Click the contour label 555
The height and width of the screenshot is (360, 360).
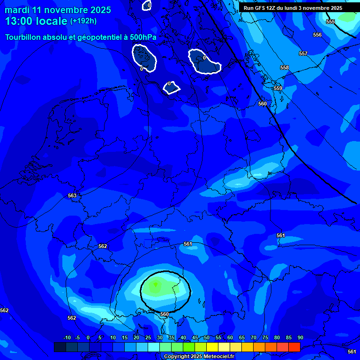[x=330, y=22]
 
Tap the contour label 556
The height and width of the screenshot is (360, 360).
[x=317, y=35]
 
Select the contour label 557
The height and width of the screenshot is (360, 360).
[x=303, y=53]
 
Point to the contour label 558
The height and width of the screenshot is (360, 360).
[x=285, y=67]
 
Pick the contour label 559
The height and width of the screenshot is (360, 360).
[x=278, y=88]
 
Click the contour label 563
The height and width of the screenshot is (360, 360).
[x=72, y=195]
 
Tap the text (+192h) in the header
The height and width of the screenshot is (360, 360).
[x=83, y=21]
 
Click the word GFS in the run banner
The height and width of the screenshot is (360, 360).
[x=262, y=8]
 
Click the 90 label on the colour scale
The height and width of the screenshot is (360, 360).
[x=300, y=337]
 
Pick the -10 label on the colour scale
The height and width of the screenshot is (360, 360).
[x=67, y=337]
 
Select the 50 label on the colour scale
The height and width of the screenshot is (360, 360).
[x=206, y=337]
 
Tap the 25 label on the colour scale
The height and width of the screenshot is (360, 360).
[x=148, y=337]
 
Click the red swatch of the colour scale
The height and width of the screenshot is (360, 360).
[x=294, y=347]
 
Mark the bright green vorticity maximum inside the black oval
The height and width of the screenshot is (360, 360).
[x=156, y=285]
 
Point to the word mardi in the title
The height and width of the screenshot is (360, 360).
[x=16, y=10]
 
